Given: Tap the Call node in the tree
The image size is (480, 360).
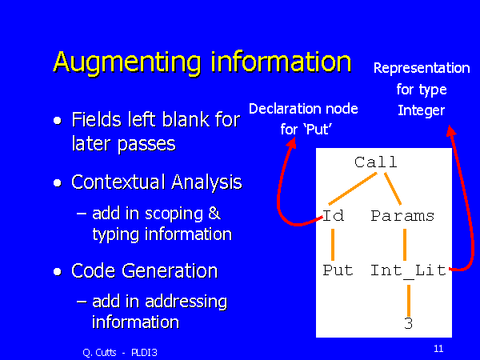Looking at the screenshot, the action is [376, 162].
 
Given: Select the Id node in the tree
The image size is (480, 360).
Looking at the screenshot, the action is [333, 215].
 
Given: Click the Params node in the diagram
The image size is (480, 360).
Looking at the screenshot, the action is [402, 216].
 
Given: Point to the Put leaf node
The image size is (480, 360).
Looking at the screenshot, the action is [338, 270].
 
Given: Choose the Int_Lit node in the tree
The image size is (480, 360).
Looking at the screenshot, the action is [408, 271].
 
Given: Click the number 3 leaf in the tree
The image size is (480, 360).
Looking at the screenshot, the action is [408, 323].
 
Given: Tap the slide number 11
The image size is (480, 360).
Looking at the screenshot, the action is [438, 348].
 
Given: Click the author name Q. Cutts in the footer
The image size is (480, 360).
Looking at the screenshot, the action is [99, 353].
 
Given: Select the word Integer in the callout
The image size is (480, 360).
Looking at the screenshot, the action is [421, 111].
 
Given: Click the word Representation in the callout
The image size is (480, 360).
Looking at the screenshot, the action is [422, 68].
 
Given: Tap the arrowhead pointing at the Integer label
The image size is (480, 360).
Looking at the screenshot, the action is [450, 130].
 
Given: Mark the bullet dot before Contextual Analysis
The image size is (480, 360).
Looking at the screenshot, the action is [58, 182].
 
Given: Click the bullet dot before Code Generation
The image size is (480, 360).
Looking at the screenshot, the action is [58, 271].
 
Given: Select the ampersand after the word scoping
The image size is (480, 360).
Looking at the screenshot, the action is [214, 213].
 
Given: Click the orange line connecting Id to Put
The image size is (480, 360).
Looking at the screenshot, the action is [333, 245].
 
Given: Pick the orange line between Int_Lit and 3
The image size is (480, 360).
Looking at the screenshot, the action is [409, 301].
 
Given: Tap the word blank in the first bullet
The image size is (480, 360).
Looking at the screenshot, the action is [185, 120].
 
